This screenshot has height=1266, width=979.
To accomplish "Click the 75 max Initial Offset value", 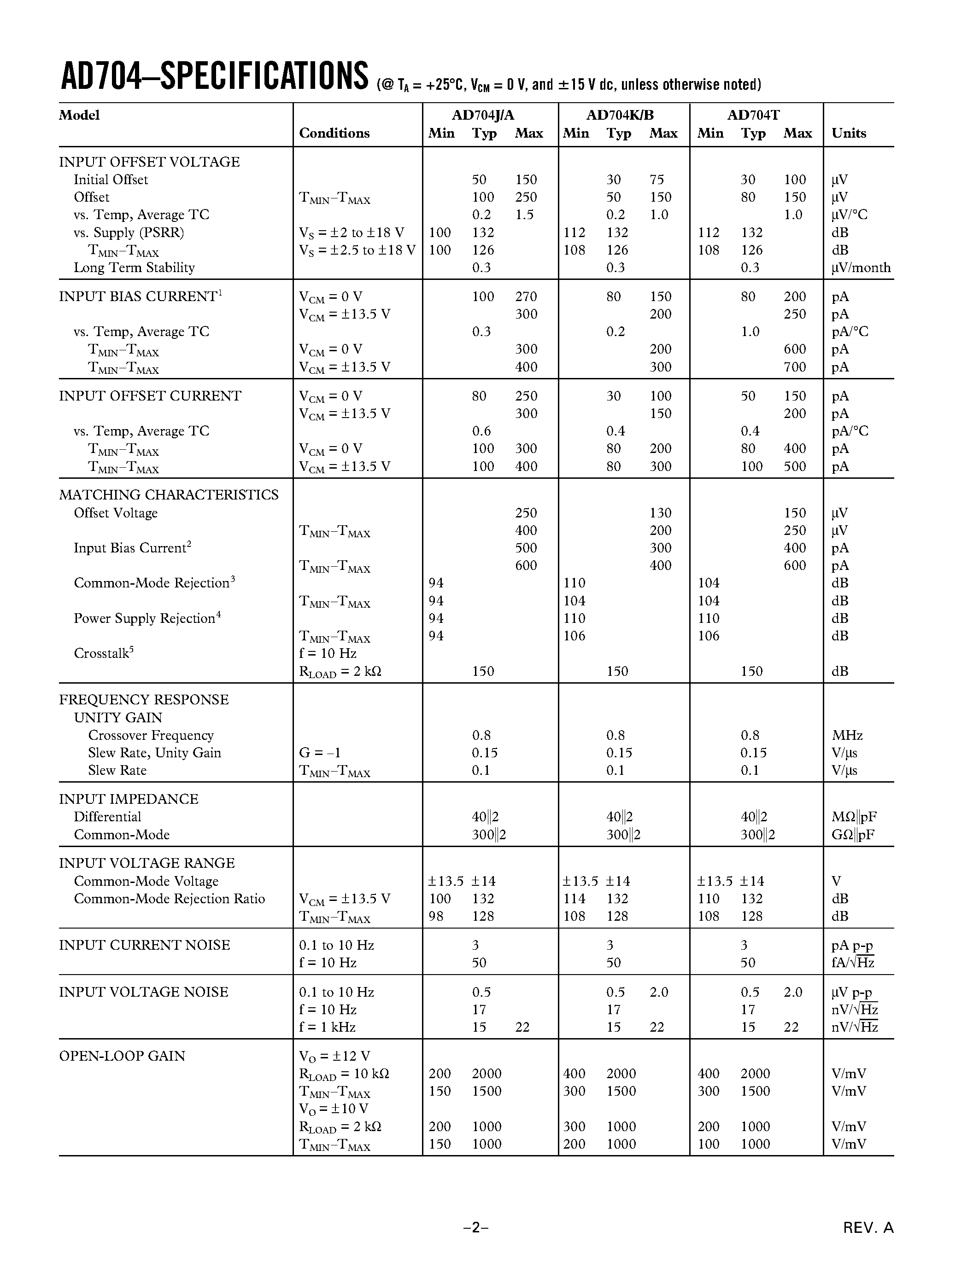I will pos(657,180).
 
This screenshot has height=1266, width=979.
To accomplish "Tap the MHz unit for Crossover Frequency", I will pos(847,735).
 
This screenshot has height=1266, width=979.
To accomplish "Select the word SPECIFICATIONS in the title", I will pos(264,76).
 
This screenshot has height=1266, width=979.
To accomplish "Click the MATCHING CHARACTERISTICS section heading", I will pos(168,494).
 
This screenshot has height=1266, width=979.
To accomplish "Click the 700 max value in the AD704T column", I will pos(795,367).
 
